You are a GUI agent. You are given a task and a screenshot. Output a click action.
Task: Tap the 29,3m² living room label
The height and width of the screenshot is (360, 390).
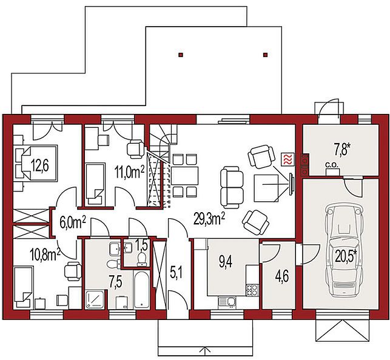pos(210,219)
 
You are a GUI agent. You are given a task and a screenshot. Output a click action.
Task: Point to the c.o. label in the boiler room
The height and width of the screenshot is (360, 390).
pos(332,165)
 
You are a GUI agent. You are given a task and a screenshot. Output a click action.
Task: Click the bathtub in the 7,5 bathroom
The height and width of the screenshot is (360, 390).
pos(142,290)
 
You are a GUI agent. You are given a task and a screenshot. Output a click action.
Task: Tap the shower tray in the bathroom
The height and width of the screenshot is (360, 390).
pos(95,299)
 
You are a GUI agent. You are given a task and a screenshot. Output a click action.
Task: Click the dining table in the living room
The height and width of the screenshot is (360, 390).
pos(184,176)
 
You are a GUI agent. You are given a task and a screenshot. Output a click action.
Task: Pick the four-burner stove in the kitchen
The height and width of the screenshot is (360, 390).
pos(252,290)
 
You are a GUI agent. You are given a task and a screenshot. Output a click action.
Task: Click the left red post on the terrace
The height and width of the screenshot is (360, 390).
pos(181,55)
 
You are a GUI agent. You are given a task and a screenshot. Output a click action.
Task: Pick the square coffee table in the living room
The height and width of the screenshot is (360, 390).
pos(266,188)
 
